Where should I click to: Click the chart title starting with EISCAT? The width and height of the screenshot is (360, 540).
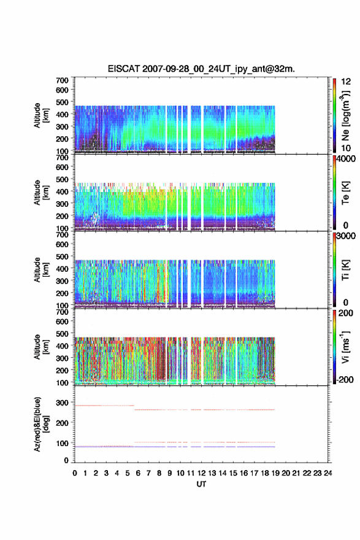pyautogui.click(x=201, y=69)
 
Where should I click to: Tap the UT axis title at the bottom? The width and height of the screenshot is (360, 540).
pyautogui.click(x=201, y=484)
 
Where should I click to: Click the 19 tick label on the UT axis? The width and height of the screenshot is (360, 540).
pyautogui.click(x=275, y=473)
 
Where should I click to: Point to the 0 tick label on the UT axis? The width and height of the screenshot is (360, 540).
pyautogui.click(x=75, y=473)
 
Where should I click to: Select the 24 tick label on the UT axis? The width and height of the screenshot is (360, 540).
pyautogui.click(x=328, y=473)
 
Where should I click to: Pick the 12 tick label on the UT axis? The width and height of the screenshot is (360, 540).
pyautogui.click(x=201, y=473)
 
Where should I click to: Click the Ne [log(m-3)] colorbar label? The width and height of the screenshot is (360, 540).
pyautogui.click(x=345, y=116)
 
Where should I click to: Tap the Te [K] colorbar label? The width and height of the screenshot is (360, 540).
pyautogui.click(x=345, y=193)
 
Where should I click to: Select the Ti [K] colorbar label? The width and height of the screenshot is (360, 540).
pyautogui.click(x=345, y=269)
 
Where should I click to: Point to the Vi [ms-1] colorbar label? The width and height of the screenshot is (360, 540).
pyautogui.click(x=345, y=347)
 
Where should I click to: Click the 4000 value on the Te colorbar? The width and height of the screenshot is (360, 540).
pyautogui.click(x=346, y=159)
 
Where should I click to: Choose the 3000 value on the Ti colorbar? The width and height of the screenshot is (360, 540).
pyautogui.click(x=346, y=236)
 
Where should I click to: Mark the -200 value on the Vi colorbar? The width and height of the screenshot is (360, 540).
pyautogui.click(x=345, y=379)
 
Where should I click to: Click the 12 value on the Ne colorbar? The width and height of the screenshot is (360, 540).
pyautogui.click(x=346, y=82)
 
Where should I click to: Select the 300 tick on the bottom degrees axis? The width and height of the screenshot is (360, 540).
pyautogui.click(x=63, y=403)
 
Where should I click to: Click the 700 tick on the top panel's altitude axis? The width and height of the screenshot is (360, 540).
pyautogui.click(x=63, y=80)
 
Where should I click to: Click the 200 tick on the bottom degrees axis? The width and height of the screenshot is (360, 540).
pyautogui.click(x=63, y=423)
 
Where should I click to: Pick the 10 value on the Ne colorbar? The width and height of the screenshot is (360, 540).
pyautogui.click(x=346, y=148)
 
